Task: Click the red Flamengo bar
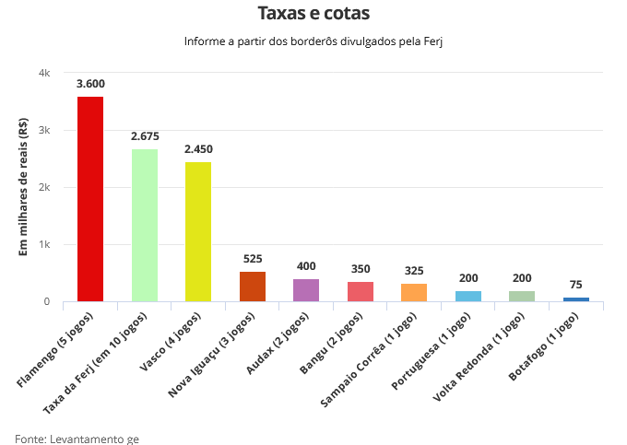(x=90, y=199)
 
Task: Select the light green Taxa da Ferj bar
(x=145, y=225)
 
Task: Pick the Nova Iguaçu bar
(x=253, y=287)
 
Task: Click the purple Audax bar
(x=306, y=290)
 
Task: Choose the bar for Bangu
(x=361, y=292)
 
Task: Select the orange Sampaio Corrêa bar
(x=414, y=293)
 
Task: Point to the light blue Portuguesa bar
(x=468, y=297)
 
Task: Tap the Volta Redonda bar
(x=522, y=297)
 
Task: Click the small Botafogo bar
(x=576, y=299)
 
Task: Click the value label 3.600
(x=90, y=84)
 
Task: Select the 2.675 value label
(x=145, y=136)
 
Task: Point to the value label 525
(x=253, y=259)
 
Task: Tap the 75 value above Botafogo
(x=576, y=285)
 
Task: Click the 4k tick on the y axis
(x=44, y=73)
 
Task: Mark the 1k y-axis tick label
(x=44, y=245)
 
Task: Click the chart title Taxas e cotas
(x=313, y=15)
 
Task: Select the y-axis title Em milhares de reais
(x=24, y=187)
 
